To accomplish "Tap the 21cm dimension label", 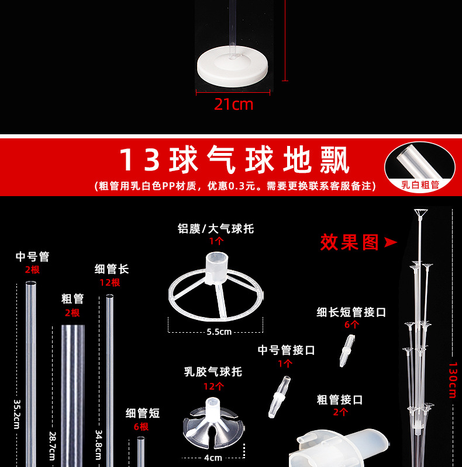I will click(x=233, y=104).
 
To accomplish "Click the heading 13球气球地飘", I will click(x=234, y=160).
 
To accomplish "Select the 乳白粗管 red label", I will click(x=420, y=185).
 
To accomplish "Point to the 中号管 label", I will click(x=32, y=256).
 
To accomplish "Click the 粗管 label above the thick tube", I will click(x=73, y=299).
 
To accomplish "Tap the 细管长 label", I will click(x=112, y=269).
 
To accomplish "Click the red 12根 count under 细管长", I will click(x=109, y=283).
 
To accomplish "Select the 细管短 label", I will click(x=143, y=413).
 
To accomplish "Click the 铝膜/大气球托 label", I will click(x=216, y=228).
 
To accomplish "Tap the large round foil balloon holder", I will click(x=216, y=286).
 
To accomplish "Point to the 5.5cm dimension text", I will click(x=218, y=332).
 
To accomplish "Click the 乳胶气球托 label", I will click(x=213, y=372).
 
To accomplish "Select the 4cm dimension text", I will click(x=213, y=457).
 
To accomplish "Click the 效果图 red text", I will click(x=350, y=242).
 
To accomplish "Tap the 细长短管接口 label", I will click(x=351, y=312).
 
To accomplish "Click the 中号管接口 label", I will click(x=286, y=350).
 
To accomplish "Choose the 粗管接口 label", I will click(x=340, y=400).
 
